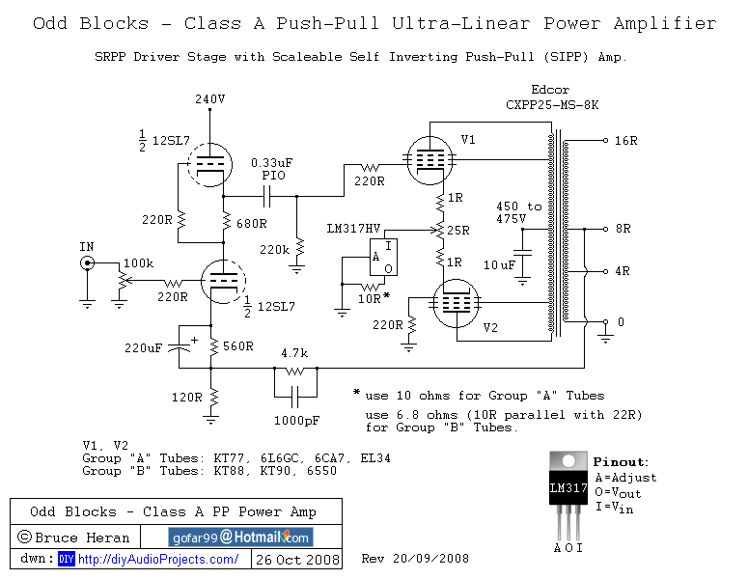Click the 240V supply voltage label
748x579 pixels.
[x=209, y=98]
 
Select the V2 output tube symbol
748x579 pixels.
[x=454, y=301]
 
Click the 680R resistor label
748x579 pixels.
[x=252, y=224]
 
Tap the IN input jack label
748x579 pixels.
[x=87, y=247]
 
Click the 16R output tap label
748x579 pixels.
[x=625, y=140]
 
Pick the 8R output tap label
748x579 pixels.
[x=623, y=229]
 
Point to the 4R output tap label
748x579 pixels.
[x=623, y=271]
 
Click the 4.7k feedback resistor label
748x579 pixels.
[x=295, y=353]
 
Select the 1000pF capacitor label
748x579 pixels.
[x=295, y=421]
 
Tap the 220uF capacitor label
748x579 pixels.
[x=144, y=347]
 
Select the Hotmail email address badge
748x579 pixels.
[x=240, y=538]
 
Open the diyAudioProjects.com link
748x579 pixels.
[x=157, y=560]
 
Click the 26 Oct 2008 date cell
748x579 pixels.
[x=296, y=560]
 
